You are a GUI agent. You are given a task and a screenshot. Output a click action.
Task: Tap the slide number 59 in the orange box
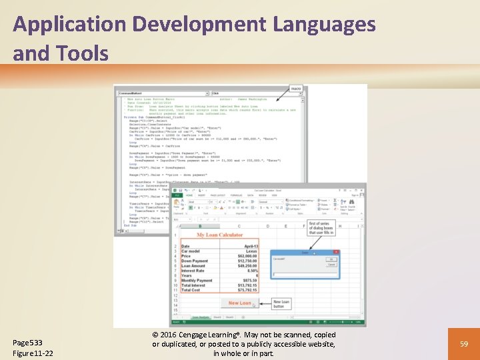click(x=463, y=343)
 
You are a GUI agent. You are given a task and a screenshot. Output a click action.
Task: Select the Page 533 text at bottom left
click(x=27, y=342)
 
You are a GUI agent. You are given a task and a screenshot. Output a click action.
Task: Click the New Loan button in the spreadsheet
click(x=240, y=303)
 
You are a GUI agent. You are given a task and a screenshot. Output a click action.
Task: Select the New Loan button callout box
click(x=281, y=304)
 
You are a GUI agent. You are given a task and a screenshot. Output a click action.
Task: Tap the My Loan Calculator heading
click(x=220, y=235)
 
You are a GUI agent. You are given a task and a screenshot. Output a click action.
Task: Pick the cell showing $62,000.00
click(x=247, y=255)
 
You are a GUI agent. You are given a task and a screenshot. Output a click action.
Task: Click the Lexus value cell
click(x=250, y=251)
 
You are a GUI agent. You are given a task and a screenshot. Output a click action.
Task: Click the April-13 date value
click(x=248, y=245)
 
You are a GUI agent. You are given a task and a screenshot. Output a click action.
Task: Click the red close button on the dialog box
click(x=337, y=253)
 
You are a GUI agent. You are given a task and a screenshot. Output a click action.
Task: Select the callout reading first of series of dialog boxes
click(x=321, y=228)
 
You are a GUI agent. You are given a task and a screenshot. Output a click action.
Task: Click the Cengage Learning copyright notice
click(x=243, y=343)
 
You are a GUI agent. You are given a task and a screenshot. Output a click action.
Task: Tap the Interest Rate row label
click(x=193, y=270)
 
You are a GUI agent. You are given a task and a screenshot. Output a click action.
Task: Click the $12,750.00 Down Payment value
click(x=246, y=261)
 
